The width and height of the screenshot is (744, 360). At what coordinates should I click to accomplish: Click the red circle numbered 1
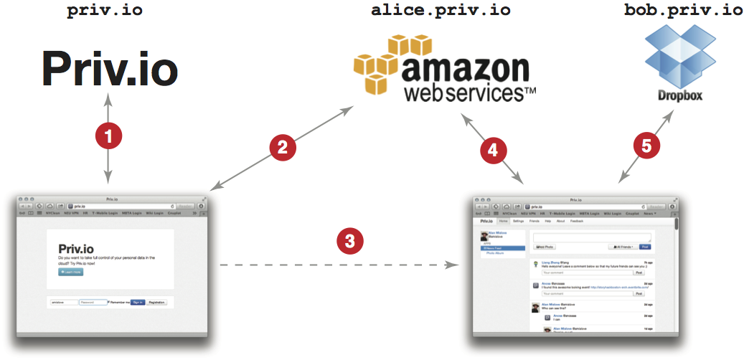pos(108,136)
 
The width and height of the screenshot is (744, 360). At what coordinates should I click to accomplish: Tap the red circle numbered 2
pos(282,148)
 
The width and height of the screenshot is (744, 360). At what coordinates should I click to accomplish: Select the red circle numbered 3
pos(349,241)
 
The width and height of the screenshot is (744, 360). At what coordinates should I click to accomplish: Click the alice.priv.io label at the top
pos(441,11)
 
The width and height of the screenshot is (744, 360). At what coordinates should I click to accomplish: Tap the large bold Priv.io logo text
pos(109,70)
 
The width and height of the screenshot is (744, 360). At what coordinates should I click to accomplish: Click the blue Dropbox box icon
pos(672,56)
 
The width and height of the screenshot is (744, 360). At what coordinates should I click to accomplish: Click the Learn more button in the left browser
pos(71,272)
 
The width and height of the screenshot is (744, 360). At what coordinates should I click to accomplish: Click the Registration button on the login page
pos(157,303)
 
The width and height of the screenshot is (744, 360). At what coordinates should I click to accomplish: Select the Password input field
pos(93,303)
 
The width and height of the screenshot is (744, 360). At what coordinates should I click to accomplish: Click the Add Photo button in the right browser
pos(545,247)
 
